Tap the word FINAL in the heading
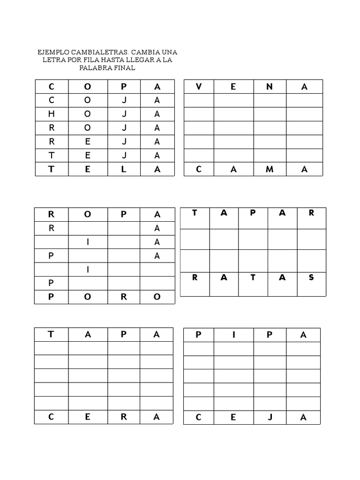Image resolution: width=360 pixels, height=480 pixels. tap(123, 68)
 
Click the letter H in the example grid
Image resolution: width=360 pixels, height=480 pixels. tap(52, 114)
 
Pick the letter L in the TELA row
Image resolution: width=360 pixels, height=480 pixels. tap(124, 170)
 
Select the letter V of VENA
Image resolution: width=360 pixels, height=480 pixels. tap(199, 87)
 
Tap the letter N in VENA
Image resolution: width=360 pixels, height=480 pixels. tap(270, 87)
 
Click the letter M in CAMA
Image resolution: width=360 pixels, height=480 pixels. tap(270, 170)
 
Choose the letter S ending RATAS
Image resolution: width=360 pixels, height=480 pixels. tap(312, 277)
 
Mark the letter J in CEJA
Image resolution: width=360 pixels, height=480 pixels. tap(270, 418)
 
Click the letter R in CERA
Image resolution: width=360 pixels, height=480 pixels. tap(124, 417)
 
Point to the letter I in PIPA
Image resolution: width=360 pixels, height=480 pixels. tap(233, 335)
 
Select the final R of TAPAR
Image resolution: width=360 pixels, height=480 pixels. tap(312, 213)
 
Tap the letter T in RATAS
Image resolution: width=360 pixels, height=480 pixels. tap(253, 277)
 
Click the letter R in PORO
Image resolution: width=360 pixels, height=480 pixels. tap(124, 297)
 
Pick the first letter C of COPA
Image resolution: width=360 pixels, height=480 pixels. tap(52, 87)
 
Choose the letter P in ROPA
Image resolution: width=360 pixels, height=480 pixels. tap(124, 214)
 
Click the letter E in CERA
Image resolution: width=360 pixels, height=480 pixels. tap(88, 417)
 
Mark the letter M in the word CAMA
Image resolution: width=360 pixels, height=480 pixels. tap(270, 170)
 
